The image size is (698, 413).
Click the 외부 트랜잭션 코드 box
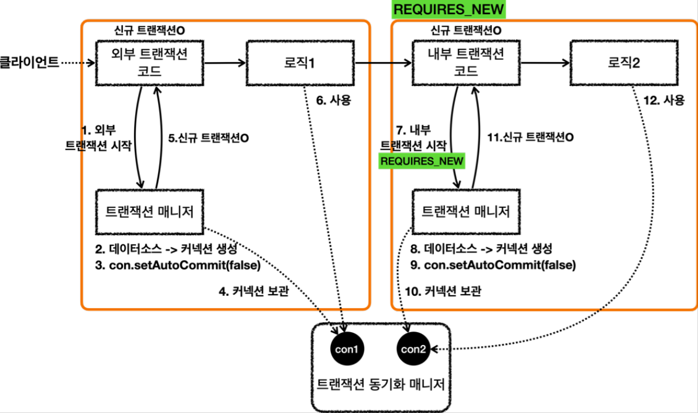coord(149,63)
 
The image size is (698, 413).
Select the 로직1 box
coord(300,63)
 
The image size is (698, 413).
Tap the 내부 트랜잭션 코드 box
coord(466,63)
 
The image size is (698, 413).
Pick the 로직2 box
coord(624,63)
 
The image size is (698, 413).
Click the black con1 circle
coord(347,349)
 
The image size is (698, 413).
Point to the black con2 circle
coord(413,349)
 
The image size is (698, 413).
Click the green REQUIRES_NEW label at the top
coord(449,9)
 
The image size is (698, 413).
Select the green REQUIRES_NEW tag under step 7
coord(422,161)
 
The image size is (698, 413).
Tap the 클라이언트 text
coord(29,62)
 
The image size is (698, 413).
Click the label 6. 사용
coord(333,100)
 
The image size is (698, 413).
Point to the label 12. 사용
coord(663,100)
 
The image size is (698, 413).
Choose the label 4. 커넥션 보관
coord(254,291)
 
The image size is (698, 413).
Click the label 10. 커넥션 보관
coord(443,291)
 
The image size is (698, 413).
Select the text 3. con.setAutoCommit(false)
coord(177,265)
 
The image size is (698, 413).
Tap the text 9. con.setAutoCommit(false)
coord(493,265)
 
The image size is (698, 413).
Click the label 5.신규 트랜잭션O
coord(208,138)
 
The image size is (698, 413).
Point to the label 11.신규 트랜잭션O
coord(530,137)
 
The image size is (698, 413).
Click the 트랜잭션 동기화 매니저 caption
coord(381,384)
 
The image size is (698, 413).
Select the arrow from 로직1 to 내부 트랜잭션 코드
coord(384,63)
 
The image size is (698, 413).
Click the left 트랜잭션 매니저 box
coord(149,212)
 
